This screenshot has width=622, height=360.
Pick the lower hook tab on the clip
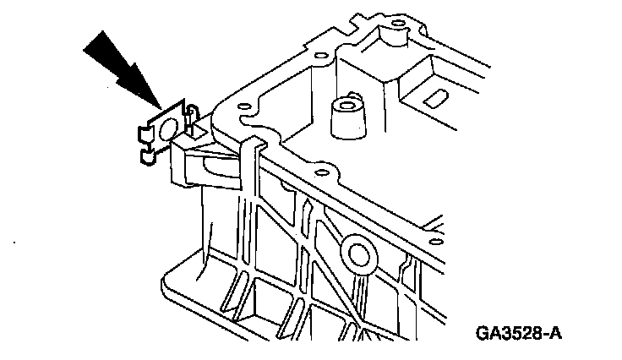pos(147,155)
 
